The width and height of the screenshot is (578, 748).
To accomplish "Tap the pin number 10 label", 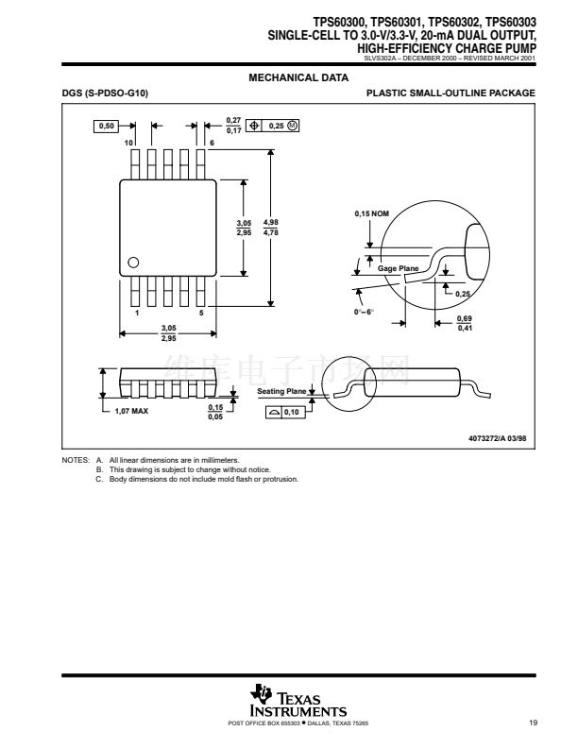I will (127, 142).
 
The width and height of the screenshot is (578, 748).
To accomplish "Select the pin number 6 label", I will (212, 142).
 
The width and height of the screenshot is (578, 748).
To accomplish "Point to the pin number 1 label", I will (137, 312).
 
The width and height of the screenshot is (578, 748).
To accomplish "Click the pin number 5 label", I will (201, 312).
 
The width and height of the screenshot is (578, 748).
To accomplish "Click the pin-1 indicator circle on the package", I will (134, 263).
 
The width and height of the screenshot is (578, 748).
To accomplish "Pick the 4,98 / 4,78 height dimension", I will (270, 228).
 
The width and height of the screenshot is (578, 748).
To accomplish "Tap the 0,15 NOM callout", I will (371, 214).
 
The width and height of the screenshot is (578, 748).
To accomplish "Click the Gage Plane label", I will (398, 269).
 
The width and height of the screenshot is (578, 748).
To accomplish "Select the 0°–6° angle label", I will (364, 312).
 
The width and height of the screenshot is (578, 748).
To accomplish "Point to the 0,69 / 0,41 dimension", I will (465, 324).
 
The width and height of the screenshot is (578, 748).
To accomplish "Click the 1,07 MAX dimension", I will (131, 412).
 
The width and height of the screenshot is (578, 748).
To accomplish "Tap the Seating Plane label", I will (281, 390).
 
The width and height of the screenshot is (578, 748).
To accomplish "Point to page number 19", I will (534, 723).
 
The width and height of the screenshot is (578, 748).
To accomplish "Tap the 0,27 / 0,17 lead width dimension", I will (233, 126).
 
